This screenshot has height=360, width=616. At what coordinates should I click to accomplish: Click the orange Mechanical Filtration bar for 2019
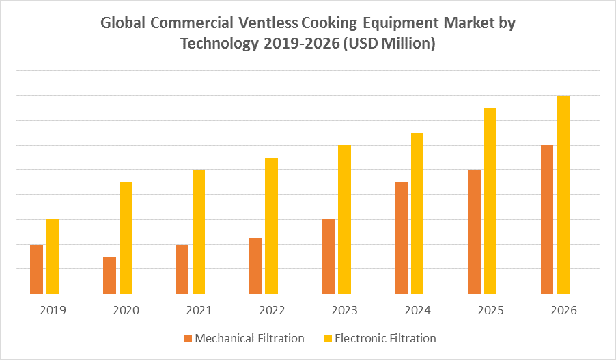click(37, 269)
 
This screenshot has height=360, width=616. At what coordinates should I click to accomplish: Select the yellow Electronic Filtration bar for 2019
click(53, 257)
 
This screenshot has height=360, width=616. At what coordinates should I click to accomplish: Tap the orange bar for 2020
click(109, 275)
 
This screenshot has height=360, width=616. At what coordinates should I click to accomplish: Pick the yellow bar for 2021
click(199, 232)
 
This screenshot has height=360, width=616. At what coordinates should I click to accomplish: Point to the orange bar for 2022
click(255, 266)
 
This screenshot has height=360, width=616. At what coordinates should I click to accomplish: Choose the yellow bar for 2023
click(344, 219)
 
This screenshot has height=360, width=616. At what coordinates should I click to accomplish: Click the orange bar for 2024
click(402, 238)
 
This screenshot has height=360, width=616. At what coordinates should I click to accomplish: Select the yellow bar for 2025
click(490, 201)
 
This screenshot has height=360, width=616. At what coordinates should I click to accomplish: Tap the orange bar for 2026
click(547, 219)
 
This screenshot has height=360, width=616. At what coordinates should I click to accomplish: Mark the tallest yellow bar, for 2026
click(563, 195)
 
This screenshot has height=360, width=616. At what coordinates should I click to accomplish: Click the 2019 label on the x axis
click(53, 311)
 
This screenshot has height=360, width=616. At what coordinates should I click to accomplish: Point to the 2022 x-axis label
click(272, 311)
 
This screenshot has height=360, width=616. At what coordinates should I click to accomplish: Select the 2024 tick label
click(417, 311)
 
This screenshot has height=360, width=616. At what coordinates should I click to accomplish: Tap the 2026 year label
click(563, 311)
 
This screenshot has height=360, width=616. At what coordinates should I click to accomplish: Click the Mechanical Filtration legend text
click(249, 338)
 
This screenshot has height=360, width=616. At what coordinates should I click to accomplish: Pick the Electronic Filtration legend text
click(385, 338)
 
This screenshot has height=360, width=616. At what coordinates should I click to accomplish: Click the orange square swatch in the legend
click(188, 339)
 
